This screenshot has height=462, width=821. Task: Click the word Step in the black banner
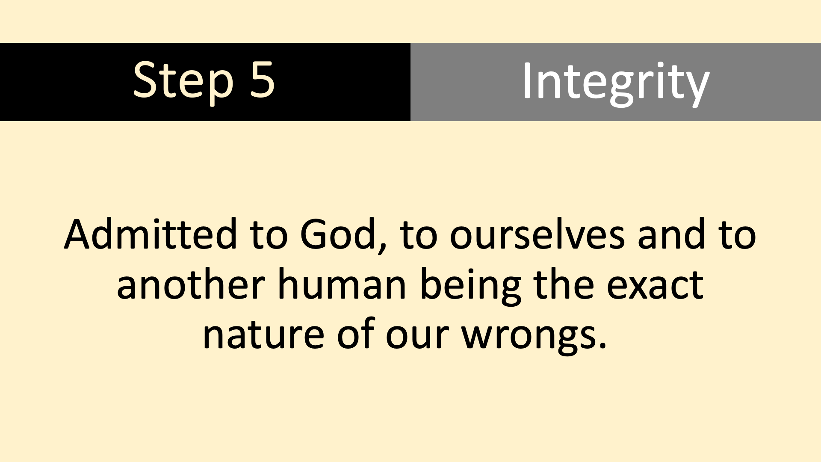pos(183,81)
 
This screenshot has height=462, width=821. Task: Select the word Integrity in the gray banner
pos(616,83)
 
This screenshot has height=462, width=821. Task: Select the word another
pos(191,284)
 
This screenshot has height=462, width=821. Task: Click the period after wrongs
pos(602,346)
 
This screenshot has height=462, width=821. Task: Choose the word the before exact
pos(564,284)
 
